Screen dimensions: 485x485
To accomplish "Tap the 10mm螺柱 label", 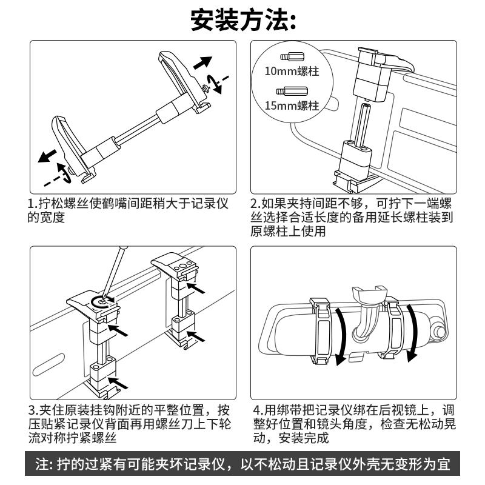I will (x=292, y=71).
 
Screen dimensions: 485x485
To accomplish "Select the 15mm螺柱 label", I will (x=292, y=106).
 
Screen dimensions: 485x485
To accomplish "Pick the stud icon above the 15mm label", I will (x=285, y=92).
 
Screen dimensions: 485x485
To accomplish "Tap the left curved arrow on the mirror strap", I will (x=342, y=333).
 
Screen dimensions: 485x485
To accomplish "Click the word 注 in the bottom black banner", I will (x=42, y=466).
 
